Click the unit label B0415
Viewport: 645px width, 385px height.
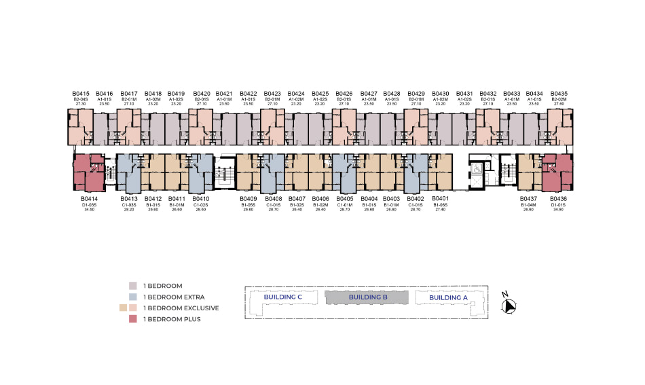(x=81, y=93)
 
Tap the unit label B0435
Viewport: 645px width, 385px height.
(x=559, y=93)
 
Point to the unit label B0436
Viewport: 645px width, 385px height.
(x=558, y=199)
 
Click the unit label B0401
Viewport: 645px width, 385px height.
(x=441, y=199)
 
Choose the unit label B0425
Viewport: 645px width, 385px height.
(x=320, y=93)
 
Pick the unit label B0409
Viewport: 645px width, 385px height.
(x=247, y=199)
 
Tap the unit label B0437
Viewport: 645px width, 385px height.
(x=528, y=199)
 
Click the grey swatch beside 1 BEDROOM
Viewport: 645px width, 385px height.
(x=134, y=286)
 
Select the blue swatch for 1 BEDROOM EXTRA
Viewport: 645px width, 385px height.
(x=134, y=297)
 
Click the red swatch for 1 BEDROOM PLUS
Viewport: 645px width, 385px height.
(x=134, y=318)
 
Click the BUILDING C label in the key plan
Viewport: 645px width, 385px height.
(x=282, y=297)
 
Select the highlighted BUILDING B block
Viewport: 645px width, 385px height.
(x=367, y=297)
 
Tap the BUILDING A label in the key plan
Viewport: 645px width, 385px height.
(x=448, y=297)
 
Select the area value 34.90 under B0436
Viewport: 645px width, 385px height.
(x=558, y=210)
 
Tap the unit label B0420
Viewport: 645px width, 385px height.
(x=202, y=93)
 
